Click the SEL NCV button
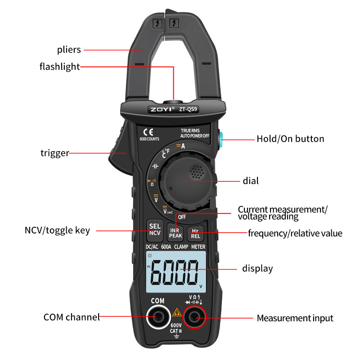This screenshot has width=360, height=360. [154, 229]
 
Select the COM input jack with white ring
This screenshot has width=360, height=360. [157, 318]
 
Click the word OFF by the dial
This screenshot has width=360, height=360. [182, 216]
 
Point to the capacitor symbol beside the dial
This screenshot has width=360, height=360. [156, 166]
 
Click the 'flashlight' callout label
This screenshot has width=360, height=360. [59, 67]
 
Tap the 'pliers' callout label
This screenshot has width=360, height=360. [69, 49]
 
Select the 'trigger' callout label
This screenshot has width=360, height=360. [55, 153]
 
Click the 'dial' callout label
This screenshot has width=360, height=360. [251, 181]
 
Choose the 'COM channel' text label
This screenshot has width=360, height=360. [72, 317]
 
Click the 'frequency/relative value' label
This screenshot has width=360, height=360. [295, 233]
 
